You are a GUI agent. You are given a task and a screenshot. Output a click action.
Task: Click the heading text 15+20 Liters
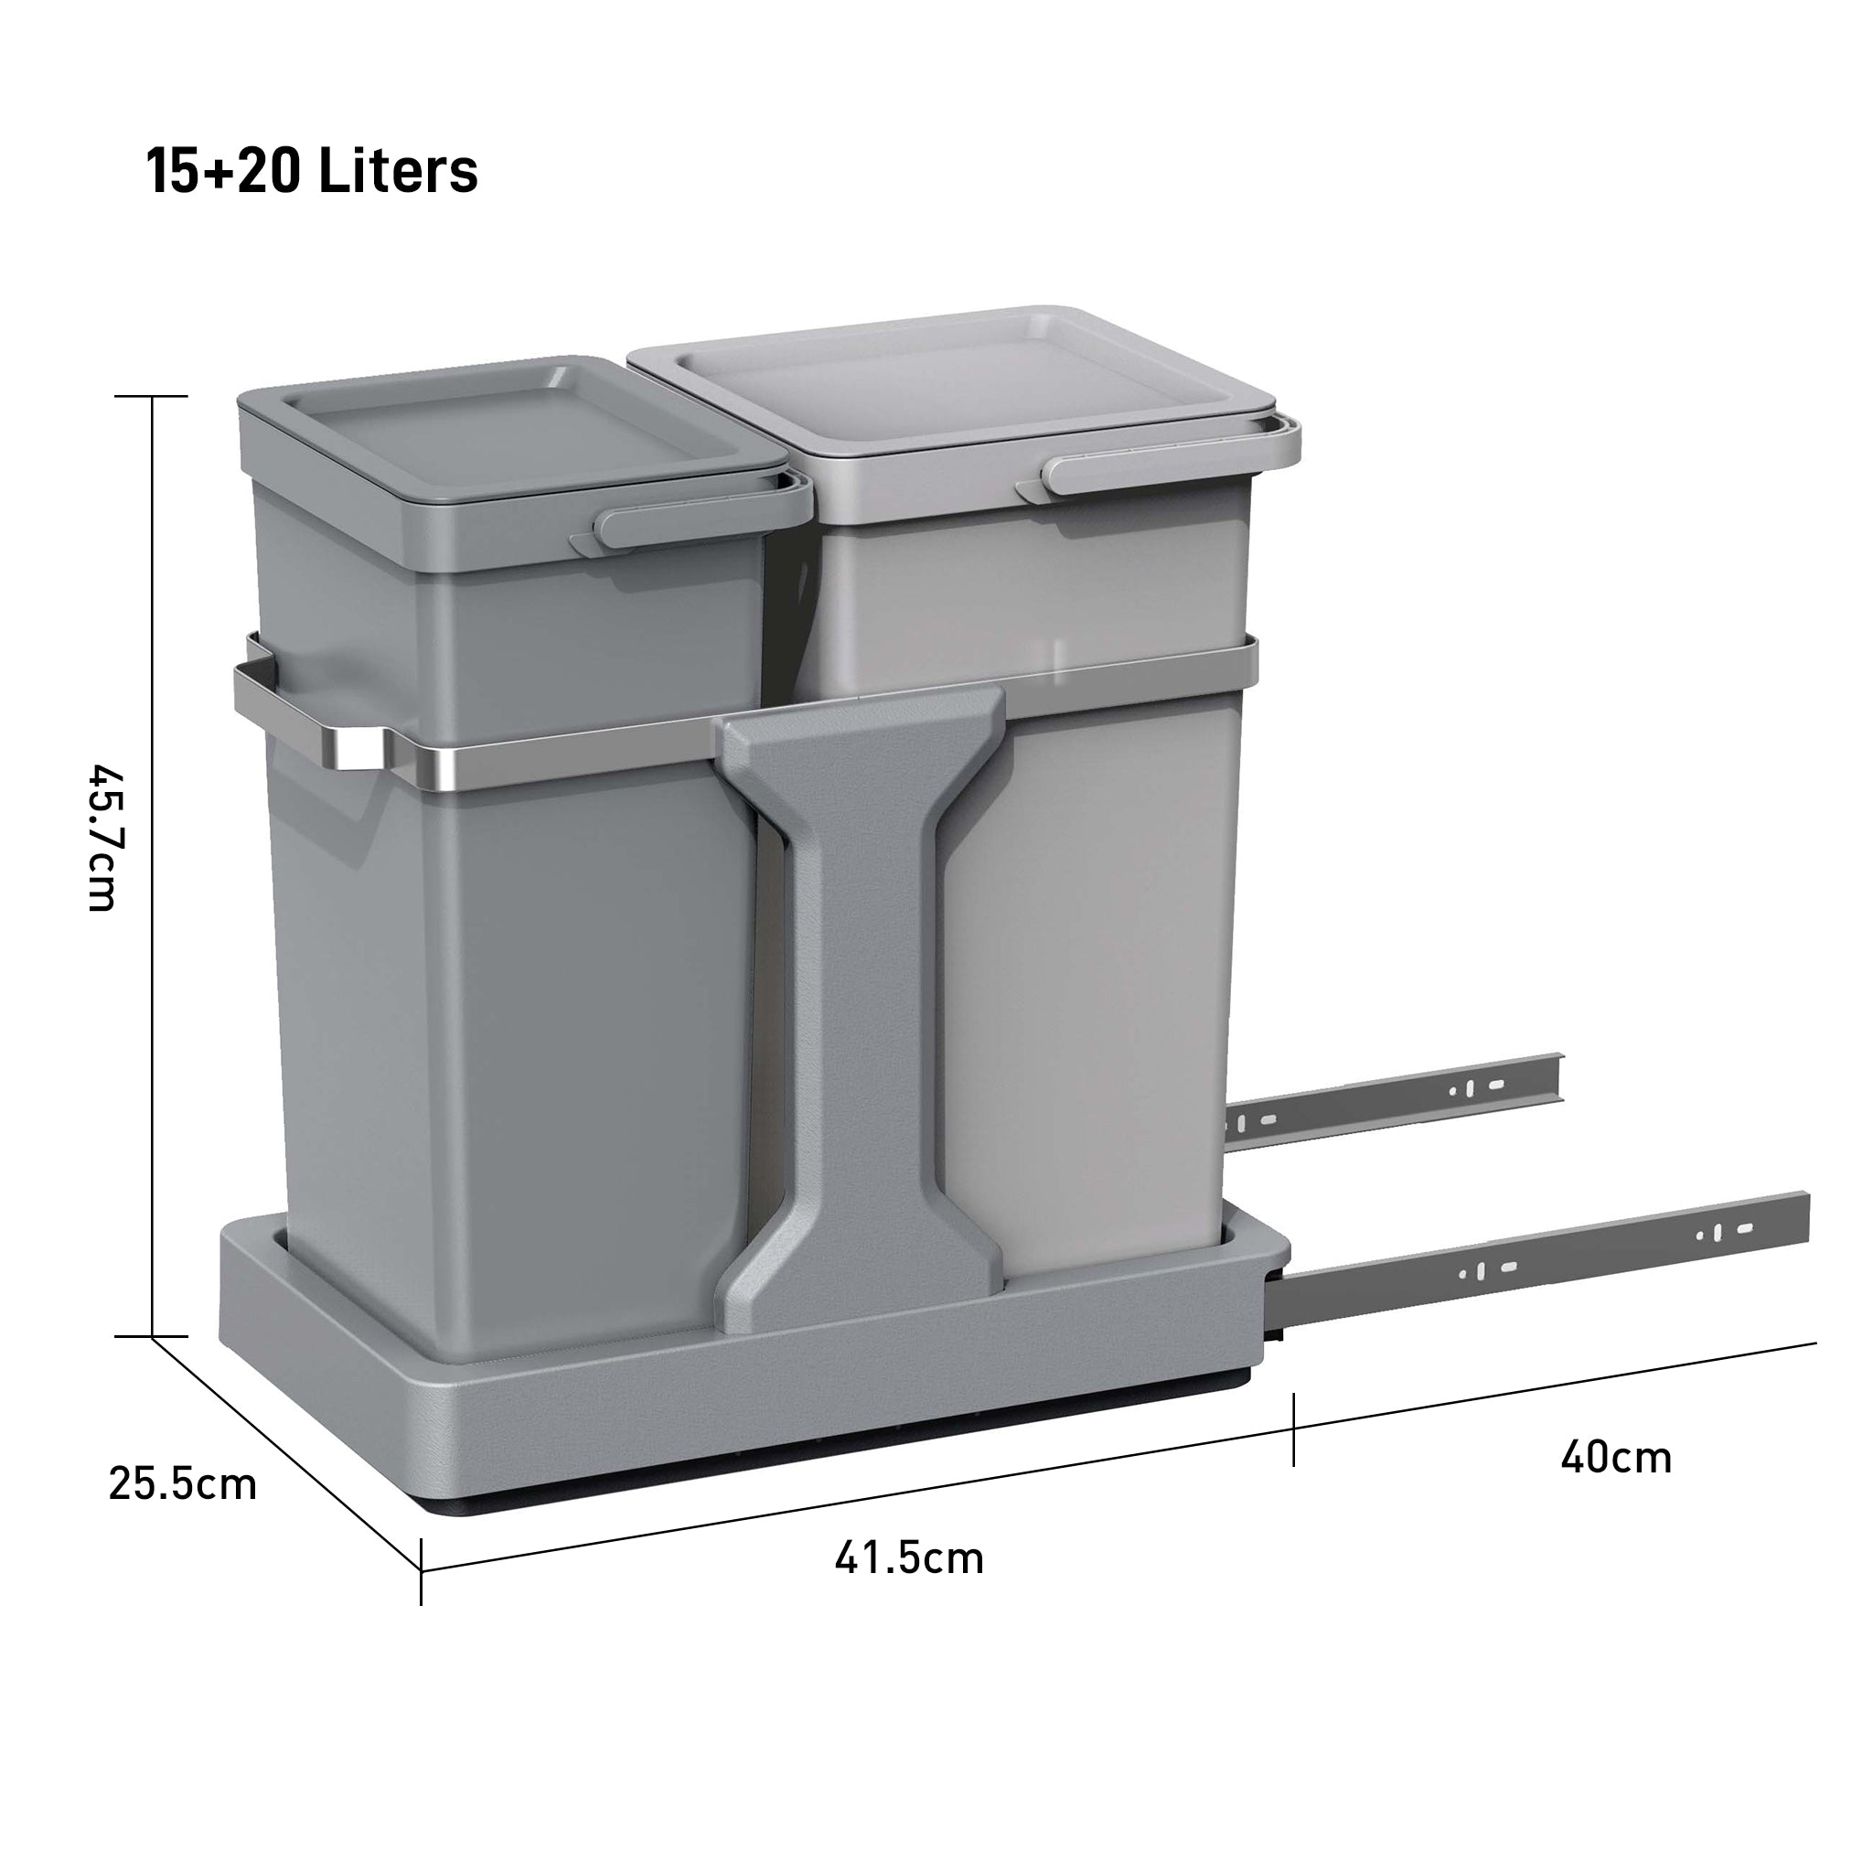(x=312, y=171)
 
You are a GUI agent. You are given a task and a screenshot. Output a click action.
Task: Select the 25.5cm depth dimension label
(x=182, y=1484)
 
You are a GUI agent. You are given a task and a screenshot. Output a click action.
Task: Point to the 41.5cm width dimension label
(x=908, y=1557)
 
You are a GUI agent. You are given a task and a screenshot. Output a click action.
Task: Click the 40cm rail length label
(x=1616, y=1457)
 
